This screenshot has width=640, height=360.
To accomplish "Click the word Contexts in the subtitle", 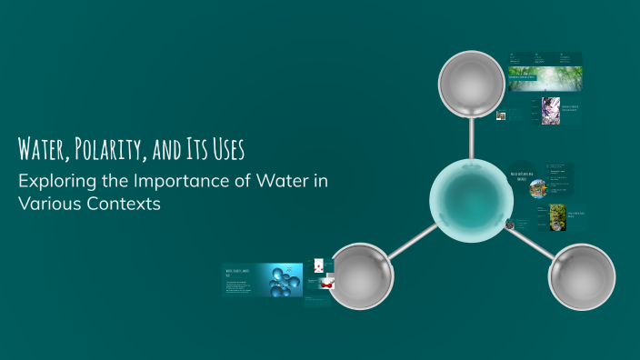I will click(x=122, y=204).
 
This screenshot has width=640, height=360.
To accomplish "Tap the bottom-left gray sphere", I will click(x=359, y=276).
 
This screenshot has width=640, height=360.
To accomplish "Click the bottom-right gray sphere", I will click(x=583, y=276).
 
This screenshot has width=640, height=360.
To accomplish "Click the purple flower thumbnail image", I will click(x=550, y=110).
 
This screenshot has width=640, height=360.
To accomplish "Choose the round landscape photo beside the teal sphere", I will click(x=537, y=187).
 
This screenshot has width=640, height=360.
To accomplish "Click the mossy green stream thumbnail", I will click(x=556, y=215).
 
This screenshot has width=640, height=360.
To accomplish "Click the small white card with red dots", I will click(x=317, y=266).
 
